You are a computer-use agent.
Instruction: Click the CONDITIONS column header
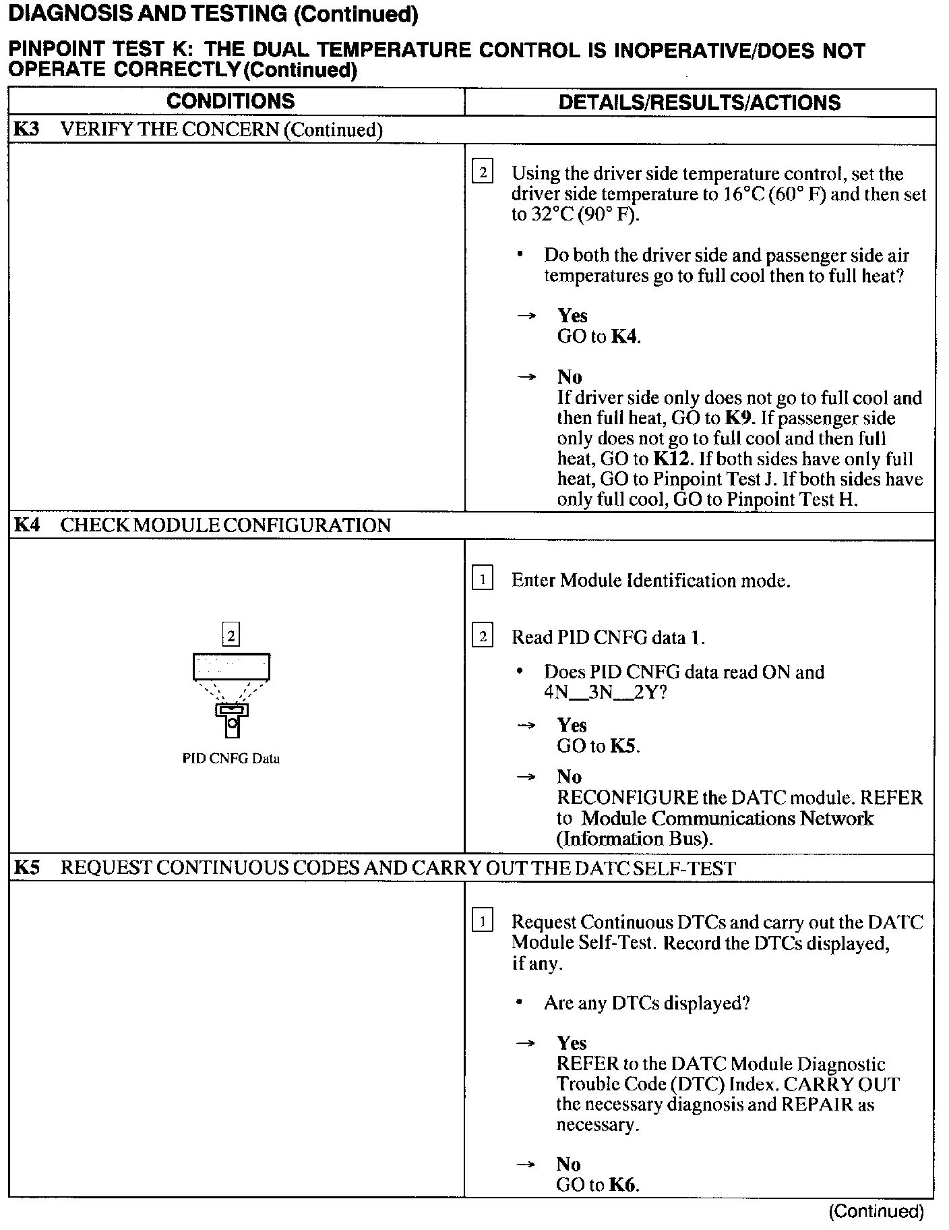[231, 102]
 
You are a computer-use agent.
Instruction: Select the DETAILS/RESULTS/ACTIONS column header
[700, 102]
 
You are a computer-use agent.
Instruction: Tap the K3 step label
[26, 129]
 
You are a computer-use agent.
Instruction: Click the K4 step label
[26, 525]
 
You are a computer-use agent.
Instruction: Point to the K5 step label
[26, 867]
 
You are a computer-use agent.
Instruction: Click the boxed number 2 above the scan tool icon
[231, 635]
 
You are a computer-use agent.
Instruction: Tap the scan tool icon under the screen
[232, 720]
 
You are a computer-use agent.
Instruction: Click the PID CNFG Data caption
[231, 759]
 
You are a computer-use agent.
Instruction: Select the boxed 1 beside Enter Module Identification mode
[482, 579]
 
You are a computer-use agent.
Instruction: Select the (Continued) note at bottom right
[876, 1211]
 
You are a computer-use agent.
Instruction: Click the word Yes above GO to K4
[572, 316]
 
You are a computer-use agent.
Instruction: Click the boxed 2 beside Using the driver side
[482, 173]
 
